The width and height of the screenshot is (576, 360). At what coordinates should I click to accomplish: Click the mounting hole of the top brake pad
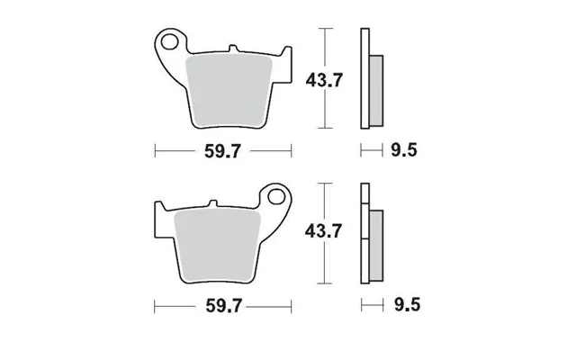(x=169, y=41)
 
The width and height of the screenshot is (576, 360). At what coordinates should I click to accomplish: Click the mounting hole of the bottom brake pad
(x=276, y=196)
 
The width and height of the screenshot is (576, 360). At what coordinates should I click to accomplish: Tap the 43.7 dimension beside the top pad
(x=324, y=80)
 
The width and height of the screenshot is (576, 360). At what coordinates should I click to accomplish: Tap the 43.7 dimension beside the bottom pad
(x=324, y=231)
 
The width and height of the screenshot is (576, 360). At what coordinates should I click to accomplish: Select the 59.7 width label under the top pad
(x=222, y=151)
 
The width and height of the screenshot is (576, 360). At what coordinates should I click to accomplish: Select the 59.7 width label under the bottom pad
(x=224, y=306)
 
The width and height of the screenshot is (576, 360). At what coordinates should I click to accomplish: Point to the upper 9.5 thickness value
(x=404, y=150)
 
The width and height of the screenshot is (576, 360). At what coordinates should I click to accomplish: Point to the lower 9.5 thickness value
(x=407, y=305)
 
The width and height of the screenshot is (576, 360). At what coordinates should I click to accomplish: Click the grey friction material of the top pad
(x=229, y=90)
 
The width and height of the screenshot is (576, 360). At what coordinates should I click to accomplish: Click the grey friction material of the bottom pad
(x=218, y=245)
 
